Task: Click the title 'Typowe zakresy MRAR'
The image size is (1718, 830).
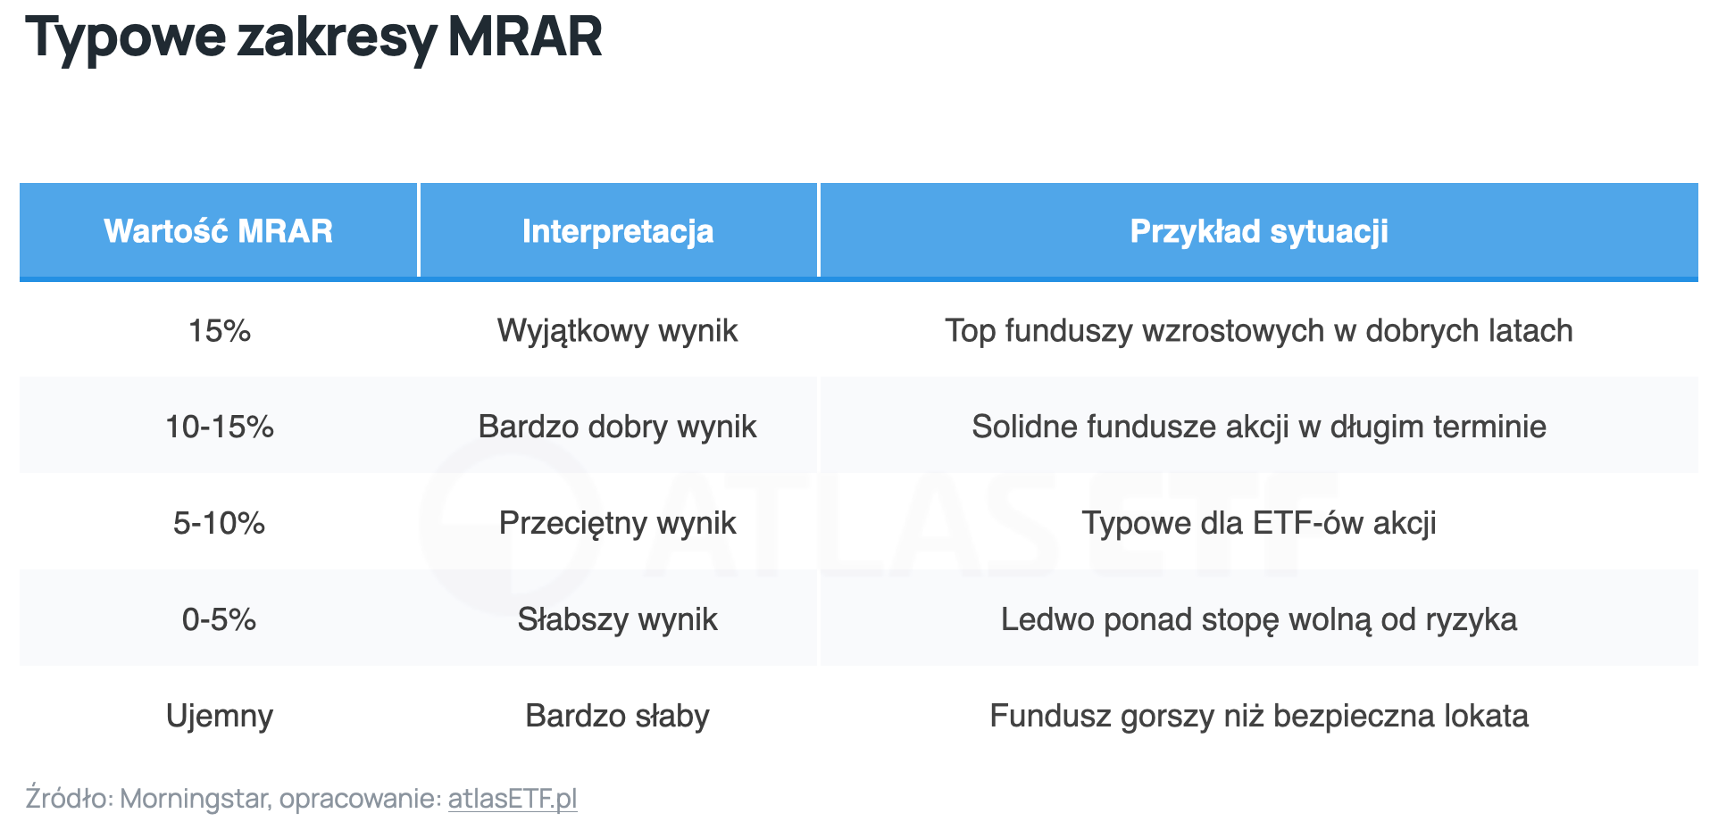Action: pyautogui.click(x=313, y=38)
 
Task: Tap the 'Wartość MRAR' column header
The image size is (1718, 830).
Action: pyautogui.click(x=219, y=231)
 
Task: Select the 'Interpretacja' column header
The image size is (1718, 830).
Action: pyautogui.click(x=618, y=231)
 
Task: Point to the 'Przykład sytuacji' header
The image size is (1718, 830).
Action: pyautogui.click(x=1259, y=231)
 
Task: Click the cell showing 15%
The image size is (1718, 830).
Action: pyautogui.click(x=220, y=331)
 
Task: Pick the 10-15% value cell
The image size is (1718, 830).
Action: pyautogui.click(x=220, y=427)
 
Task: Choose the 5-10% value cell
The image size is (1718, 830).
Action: pyautogui.click(x=220, y=523)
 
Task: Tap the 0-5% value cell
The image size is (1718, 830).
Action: pyautogui.click(x=220, y=619)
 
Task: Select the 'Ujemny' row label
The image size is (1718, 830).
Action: pyautogui.click(x=220, y=717)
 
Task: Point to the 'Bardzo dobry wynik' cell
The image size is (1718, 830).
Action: pyautogui.click(x=618, y=427)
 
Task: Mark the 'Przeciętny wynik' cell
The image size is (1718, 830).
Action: pyautogui.click(x=618, y=524)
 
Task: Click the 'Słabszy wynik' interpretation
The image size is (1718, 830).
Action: pyautogui.click(x=618, y=620)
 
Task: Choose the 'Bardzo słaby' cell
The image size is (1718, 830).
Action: pyautogui.click(x=618, y=716)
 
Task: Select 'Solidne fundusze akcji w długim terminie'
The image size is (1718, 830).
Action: pyautogui.click(x=1259, y=427)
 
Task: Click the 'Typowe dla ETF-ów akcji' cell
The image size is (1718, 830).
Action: pyautogui.click(x=1259, y=523)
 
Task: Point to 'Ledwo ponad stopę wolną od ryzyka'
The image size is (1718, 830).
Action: pyautogui.click(x=1259, y=620)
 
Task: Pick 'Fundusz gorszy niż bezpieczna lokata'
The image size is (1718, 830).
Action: pyautogui.click(x=1259, y=717)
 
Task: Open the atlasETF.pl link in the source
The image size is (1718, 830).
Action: pyautogui.click(x=513, y=799)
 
